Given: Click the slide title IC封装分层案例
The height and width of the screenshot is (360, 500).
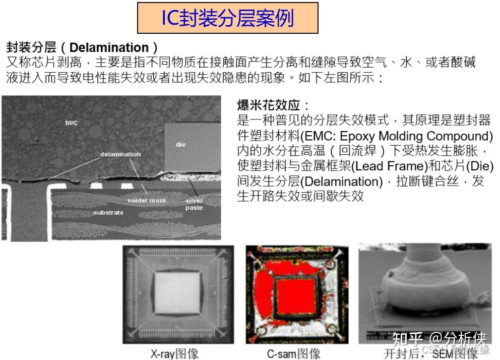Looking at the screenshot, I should (227, 18).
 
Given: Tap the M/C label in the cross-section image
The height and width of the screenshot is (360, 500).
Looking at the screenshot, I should (72, 123).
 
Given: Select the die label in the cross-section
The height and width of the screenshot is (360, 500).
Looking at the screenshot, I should (181, 145).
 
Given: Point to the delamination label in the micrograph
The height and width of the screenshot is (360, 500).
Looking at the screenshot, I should (120, 154).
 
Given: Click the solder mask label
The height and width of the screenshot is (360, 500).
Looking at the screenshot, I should (147, 200).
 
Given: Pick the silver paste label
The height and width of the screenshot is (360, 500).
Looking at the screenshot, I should (194, 204).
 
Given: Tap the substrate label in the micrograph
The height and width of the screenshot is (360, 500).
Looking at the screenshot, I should (108, 212).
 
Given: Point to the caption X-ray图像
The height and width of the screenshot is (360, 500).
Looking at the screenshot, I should (174, 353).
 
